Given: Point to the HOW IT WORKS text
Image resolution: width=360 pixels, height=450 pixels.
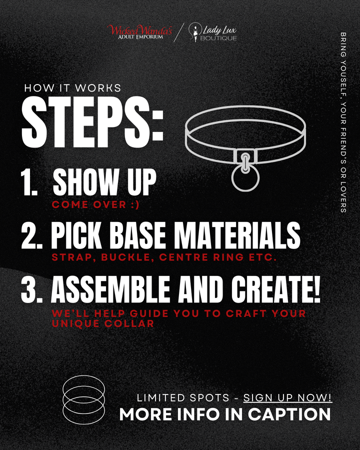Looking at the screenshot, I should (x=72, y=88).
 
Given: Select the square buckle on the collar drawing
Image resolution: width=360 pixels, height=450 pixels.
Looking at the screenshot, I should (x=245, y=155).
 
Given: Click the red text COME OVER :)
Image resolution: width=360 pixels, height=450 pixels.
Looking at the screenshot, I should (x=89, y=204).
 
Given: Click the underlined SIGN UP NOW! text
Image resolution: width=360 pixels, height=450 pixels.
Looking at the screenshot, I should (x=287, y=398).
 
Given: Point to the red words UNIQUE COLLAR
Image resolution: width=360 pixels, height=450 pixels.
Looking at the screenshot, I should (x=103, y=323).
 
